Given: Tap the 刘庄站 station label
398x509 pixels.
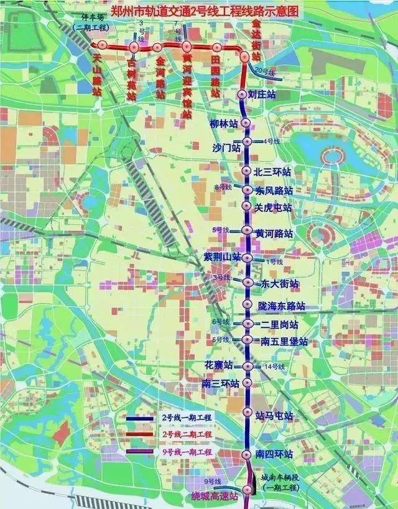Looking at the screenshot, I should [x=261, y=95].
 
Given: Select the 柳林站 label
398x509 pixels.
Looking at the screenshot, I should [x=224, y=124].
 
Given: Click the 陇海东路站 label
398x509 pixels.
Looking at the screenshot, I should [x=282, y=307].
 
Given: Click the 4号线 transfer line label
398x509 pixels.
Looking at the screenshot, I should [x=272, y=141].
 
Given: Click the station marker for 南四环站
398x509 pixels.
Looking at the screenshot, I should [x=247, y=454].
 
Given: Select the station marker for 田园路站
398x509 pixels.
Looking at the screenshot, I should [x=216, y=47].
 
